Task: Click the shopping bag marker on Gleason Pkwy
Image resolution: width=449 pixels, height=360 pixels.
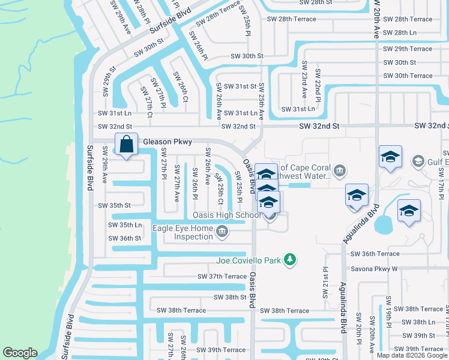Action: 126,145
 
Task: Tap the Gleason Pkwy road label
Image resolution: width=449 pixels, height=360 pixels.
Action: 167,142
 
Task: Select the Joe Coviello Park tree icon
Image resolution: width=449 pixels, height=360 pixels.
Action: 291,259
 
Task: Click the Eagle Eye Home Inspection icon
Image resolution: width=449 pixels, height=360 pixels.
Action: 222,232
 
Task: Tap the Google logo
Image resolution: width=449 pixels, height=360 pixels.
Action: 20,353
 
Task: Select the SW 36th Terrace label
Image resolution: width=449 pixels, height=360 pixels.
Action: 375,254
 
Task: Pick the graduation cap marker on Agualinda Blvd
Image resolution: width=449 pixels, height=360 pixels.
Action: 357,195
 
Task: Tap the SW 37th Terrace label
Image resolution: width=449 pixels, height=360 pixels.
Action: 222,277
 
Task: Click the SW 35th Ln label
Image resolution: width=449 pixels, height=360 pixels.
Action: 125,225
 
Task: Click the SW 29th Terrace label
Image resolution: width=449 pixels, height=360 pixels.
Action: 408,49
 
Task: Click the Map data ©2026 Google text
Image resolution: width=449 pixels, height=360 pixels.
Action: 412,355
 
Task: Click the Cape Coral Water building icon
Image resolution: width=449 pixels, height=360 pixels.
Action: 340,172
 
